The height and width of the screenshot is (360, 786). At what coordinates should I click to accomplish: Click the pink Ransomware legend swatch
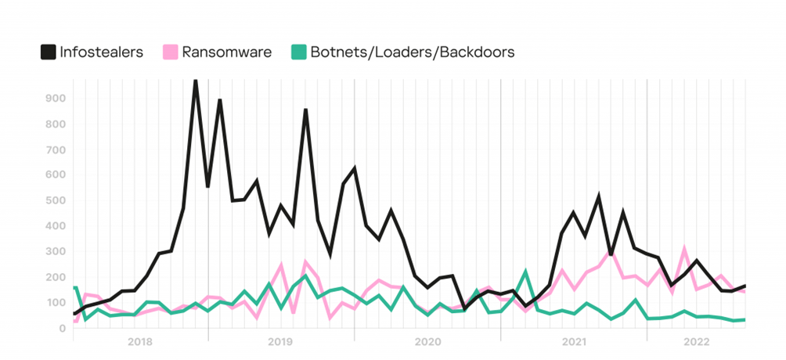170,52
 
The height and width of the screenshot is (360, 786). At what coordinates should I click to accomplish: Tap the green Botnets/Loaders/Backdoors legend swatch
298,52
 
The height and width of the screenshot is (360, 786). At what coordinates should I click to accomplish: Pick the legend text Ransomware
226,52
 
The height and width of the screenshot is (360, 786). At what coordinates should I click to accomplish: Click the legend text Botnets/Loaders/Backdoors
413,52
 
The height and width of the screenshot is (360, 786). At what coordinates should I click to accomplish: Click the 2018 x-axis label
139,342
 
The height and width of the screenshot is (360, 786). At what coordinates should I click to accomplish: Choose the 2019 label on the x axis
280,342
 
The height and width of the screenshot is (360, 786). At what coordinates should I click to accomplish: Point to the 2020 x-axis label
427,342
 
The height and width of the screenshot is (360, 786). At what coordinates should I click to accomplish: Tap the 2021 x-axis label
574,342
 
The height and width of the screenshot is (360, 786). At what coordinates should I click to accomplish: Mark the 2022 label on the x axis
696,342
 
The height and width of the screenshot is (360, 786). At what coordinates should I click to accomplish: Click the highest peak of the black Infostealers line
195,80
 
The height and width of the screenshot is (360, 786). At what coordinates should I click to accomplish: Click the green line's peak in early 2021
525,272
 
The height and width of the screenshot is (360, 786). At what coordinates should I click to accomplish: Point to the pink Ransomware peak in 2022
684,250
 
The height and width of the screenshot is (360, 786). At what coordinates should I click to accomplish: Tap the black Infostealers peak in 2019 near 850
305,110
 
